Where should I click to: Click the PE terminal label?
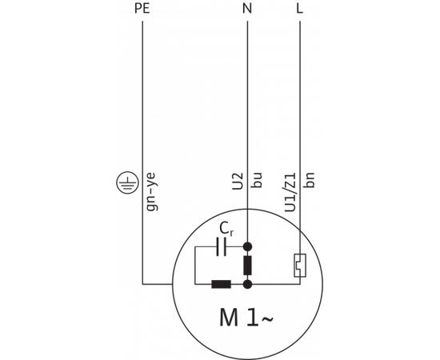pyautogui.click(x=142, y=9)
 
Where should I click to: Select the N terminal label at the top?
pyautogui.click(x=247, y=9)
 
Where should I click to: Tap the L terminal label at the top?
pyautogui.click(x=299, y=9)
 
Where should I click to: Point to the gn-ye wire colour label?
pyautogui.click(x=151, y=191)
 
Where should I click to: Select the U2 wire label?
pyautogui.click(x=238, y=181)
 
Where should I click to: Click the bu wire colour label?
pyautogui.click(x=257, y=179)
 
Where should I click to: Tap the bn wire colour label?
pyautogui.click(x=310, y=179)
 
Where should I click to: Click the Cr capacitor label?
pyautogui.click(x=226, y=229)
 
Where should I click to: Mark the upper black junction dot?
pyautogui.click(x=248, y=247)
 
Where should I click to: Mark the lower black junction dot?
pyautogui.click(x=248, y=283)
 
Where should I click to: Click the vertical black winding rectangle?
pyautogui.click(x=248, y=265)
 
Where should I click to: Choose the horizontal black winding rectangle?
pyautogui.click(x=222, y=283)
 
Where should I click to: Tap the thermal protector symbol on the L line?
pyautogui.click(x=299, y=265)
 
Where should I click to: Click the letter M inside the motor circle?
pyautogui.click(x=230, y=318)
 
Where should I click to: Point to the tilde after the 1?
pyautogui.click(x=266, y=320)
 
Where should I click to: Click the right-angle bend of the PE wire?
pyautogui.click(x=142, y=283)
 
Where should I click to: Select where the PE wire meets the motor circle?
pyautogui.click(x=173, y=283)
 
